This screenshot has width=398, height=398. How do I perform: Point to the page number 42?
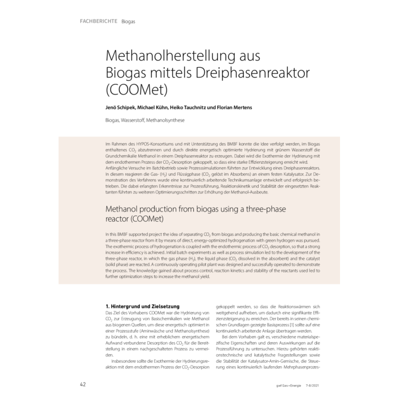pyautogui.click(x=82, y=384)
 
